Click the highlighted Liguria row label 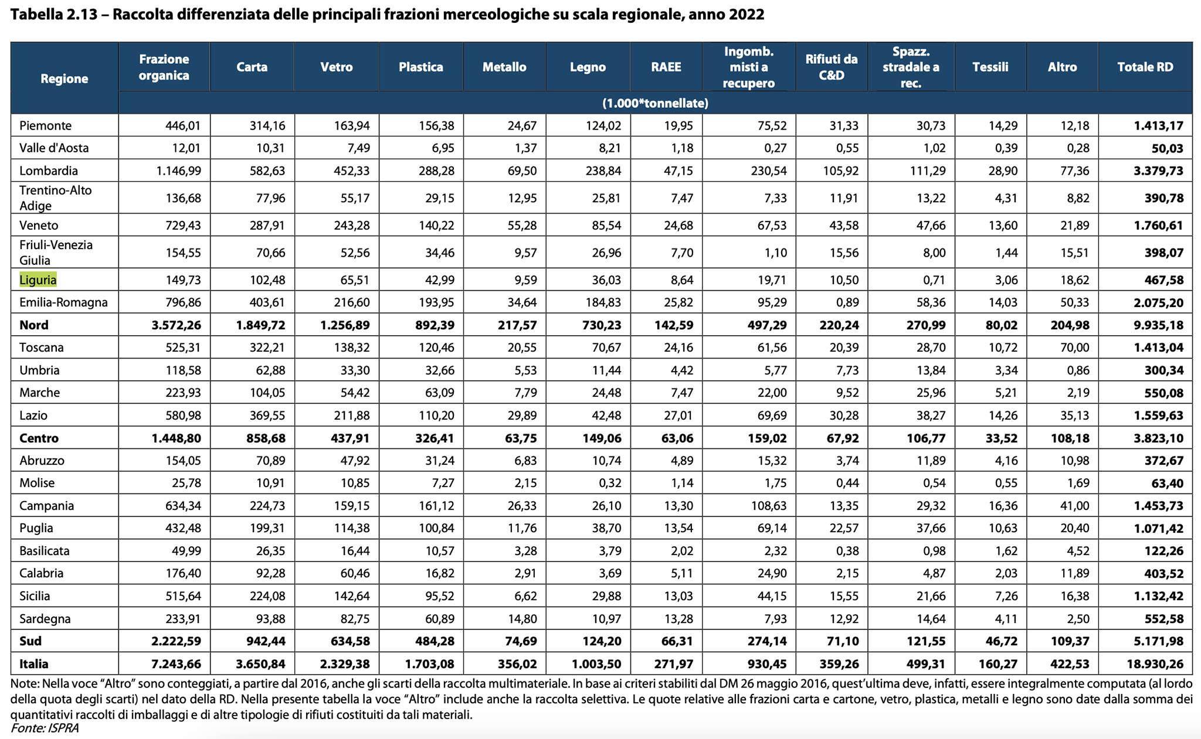pyautogui.click(x=38, y=280)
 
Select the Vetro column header pyautogui.click(x=337, y=67)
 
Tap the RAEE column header pyautogui.click(x=666, y=67)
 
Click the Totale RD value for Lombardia pyautogui.click(x=1159, y=171)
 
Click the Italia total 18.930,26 pyautogui.click(x=1156, y=664)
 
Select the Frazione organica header pyautogui.click(x=164, y=67)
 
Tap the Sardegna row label pyautogui.click(x=45, y=619)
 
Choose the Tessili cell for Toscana pyautogui.click(x=1004, y=348)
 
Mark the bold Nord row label pyautogui.click(x=34, y=325)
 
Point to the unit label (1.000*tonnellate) pyautogui.click(x=656, y=103)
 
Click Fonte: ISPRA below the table pyautogui.click(x=45, y=728)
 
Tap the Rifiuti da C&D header pyautogui.click(x=832, y=67)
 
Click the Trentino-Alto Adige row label pyautogui.click(x=56, y=197)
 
